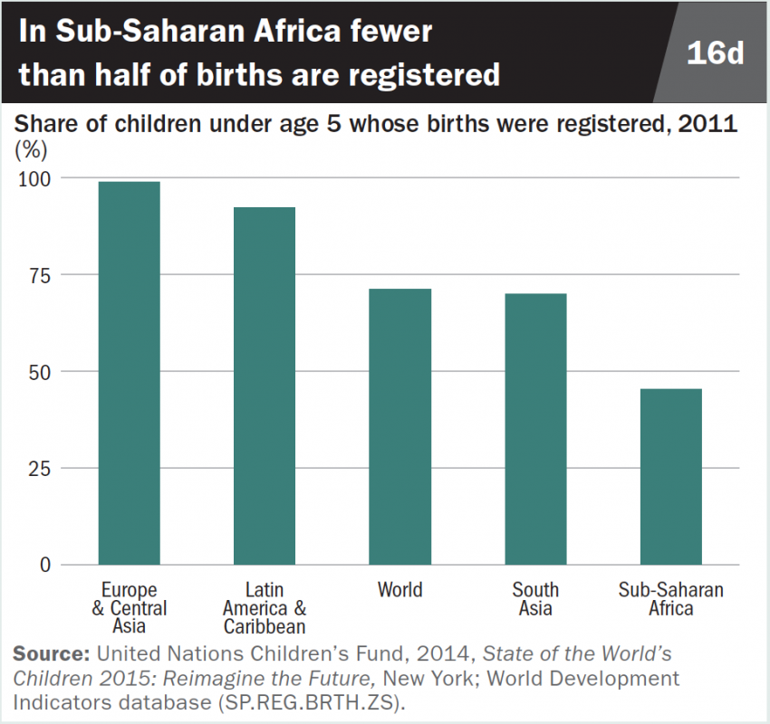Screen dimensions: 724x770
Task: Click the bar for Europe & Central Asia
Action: click(129, 373)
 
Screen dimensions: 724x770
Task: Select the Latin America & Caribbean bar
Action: click(265, 386)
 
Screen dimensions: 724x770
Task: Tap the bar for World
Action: click(399, 426)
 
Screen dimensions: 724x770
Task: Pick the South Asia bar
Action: click(535, 429)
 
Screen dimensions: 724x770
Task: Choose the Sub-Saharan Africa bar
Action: click(670, 477)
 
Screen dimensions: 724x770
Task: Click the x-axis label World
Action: click(399, 590)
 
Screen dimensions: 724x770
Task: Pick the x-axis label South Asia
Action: click(535, 599)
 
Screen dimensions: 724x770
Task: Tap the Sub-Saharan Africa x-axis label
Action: click(670, 599)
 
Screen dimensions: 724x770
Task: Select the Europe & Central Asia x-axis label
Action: click(129, 607)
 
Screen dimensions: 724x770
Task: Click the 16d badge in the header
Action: click(715, 52)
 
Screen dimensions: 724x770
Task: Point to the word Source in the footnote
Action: click(51, 653)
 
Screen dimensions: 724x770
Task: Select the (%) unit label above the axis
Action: click(29, 146)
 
